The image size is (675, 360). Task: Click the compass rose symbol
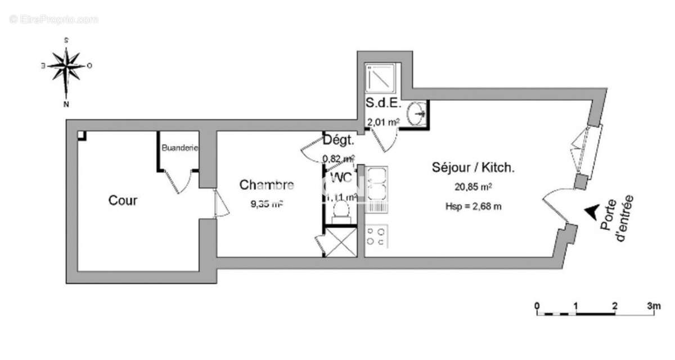(x=66, y=66)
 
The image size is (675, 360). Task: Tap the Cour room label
(x=123, y=201)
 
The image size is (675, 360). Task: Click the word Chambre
(x=266, y=184)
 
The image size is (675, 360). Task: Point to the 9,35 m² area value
(x=266, y=204)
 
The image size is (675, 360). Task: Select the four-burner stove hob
(x=376, y=236)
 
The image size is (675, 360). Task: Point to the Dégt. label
(x=338, y=140)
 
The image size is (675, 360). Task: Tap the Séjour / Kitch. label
(x=473, y=167)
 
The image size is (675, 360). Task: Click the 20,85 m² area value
(x=473, y=187)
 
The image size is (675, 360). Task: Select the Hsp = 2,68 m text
(x=473, y=206)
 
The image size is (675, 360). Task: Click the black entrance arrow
(x=591, y=210)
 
